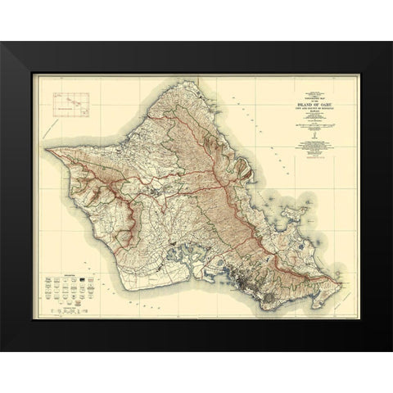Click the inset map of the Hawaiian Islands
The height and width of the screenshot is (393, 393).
pyautogui.click(x=71, y=103)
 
